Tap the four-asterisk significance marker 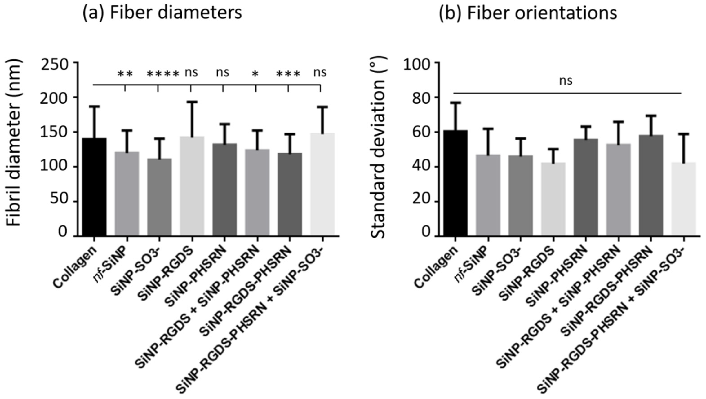coord(163,74)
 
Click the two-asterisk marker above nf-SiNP coord(125,74)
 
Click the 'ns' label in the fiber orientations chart coord(566,81)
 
